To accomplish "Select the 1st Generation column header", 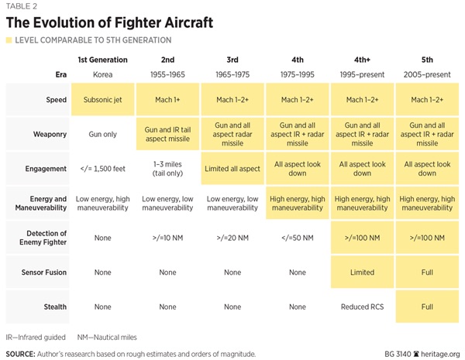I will [x=103, y=60].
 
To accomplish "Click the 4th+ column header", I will [x=362, y=60].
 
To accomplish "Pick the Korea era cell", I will [x=103, y=74].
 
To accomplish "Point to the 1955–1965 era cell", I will [x=167, y=74].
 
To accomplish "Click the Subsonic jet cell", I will [x=103, y=100].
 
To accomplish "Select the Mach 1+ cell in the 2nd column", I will [x=167, y=100].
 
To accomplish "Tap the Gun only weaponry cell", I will [x=103, y=134].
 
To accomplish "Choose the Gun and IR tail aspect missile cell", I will [x=167, y=134].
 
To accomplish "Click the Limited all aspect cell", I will [x=232, y=169].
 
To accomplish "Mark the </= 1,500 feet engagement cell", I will [x=103, y=169].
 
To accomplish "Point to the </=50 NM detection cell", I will [x=297, y=238].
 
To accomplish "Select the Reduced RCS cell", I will [x=362, y=307].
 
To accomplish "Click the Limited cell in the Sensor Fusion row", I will [x=362, y=273].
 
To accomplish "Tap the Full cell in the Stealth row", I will [x=427, y=307].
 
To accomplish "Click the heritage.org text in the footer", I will [x=438, y=354].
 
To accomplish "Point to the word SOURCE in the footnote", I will [x=22, y=354].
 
